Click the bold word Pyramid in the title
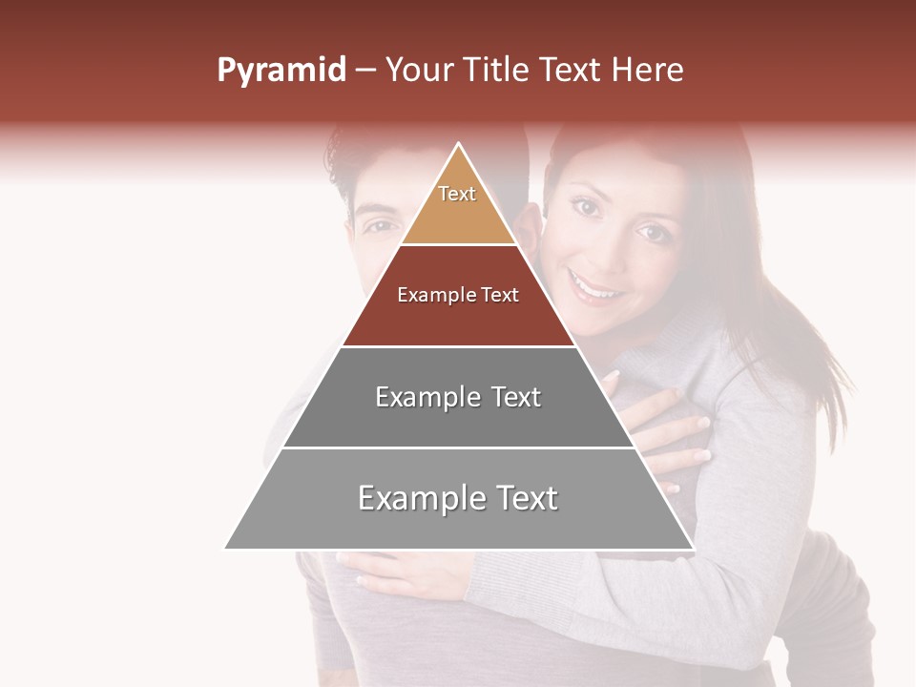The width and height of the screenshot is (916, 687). [281, 71]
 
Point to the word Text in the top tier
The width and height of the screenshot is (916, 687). [457, 194]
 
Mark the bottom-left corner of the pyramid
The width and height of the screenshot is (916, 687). [226, 548]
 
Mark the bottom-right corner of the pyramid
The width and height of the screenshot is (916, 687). [693, 548]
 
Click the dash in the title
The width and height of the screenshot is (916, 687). [365, 71]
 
